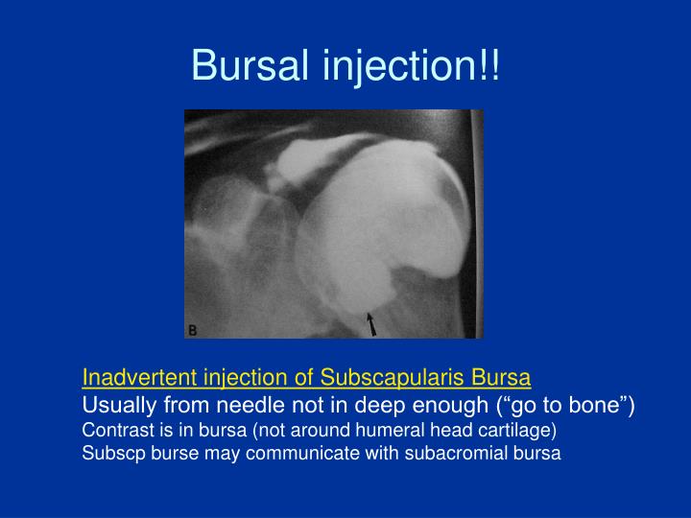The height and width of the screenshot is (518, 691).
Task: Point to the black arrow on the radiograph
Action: coord(371,323)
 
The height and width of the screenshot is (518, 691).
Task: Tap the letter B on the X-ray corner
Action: coord(192,330)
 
